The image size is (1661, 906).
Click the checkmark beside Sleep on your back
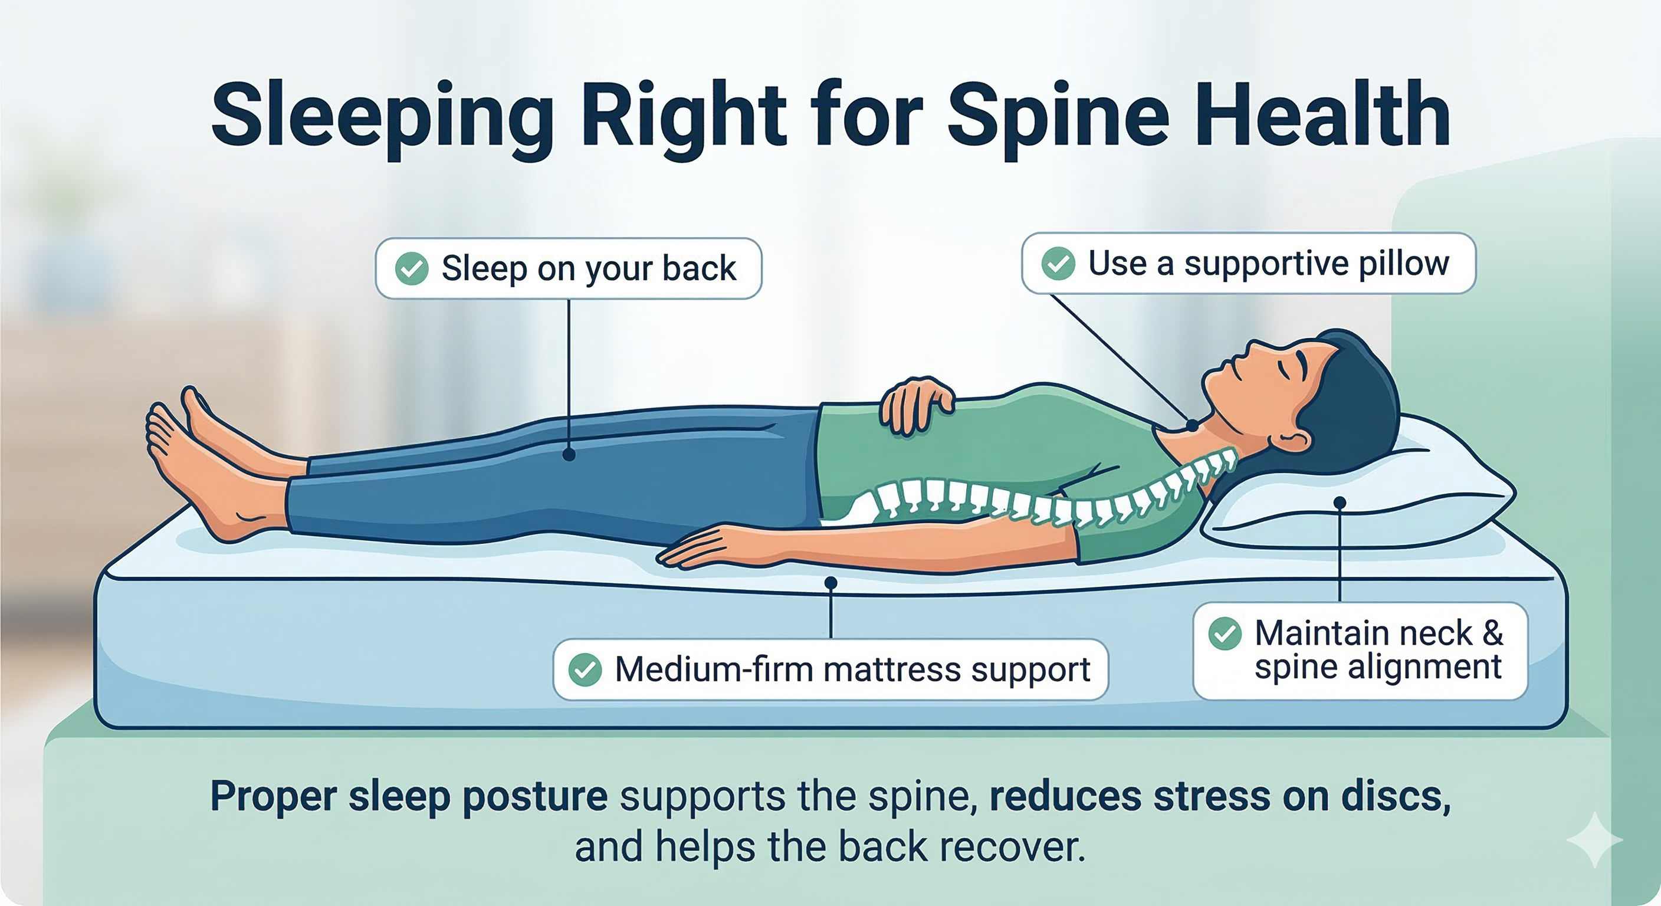[x=411, y=268]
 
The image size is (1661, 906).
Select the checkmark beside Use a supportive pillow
[x=1058, y=263]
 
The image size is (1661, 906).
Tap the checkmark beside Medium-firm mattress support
[x=585, y=669]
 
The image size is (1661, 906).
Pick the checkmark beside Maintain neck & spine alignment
[x=1225, y=633]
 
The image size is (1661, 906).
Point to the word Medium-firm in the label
[x=713, y=669]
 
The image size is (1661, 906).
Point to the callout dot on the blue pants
[x=569, y=455]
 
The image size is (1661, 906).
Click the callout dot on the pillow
[x=1340, y=503]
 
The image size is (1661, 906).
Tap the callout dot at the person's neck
[x=1192, y=426]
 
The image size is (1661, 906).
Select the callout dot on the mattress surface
[x=830, y=583]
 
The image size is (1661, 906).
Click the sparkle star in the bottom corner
[x=1594, y=839]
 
